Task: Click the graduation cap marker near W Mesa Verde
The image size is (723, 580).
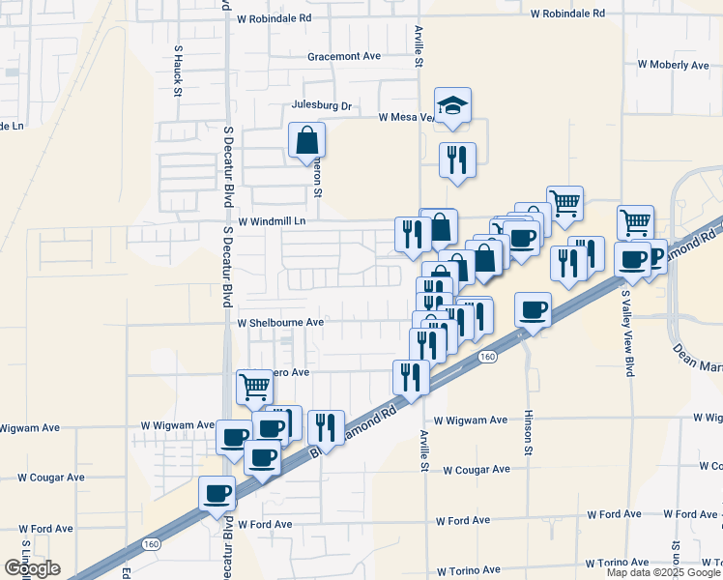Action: pos(451,105)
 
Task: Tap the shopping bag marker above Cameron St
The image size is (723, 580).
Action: pos(306,140)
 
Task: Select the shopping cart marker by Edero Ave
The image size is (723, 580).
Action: pos(253,386)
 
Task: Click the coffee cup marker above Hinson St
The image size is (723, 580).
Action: pos(533,309)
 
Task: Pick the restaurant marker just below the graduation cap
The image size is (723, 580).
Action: pos(457,159)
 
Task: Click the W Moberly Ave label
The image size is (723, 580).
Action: pos(674,65)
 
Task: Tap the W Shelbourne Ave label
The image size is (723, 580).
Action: pos(279,322)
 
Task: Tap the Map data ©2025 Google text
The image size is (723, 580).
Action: pos(664,572)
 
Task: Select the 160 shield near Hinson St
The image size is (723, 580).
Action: pos(487,358)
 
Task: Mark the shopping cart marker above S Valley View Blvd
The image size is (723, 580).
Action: pos(635,222)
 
